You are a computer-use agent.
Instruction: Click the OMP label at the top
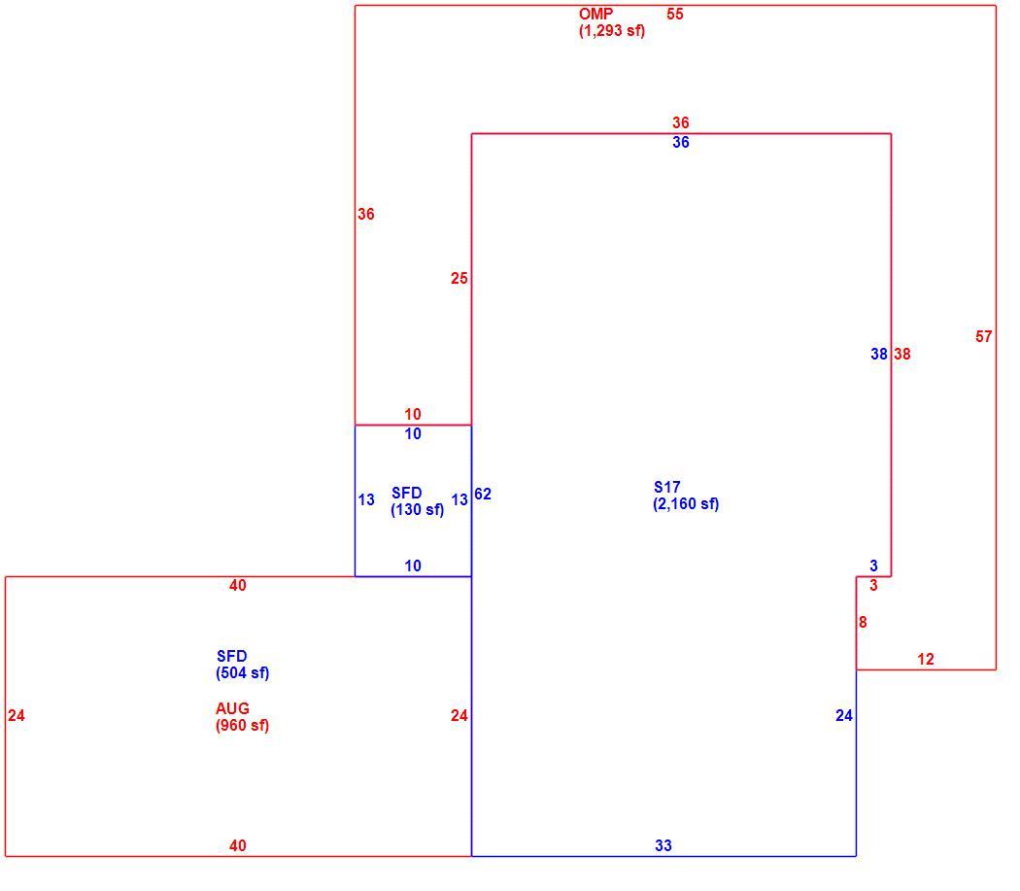pos(595,14)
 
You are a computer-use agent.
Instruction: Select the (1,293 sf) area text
pos(612,30)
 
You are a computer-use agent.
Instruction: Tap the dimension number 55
pos(675,14)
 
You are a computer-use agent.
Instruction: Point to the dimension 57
pos(984,336)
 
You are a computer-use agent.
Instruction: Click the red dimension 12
pos(926,660)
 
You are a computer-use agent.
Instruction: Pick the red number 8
pos(863,622)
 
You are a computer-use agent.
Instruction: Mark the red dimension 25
pos(459,279)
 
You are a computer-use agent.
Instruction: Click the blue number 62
pos(483,494)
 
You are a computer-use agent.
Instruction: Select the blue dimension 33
pos(663,845)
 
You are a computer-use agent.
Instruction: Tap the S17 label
pos(667,487)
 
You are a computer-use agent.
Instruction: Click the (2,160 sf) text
pos(686,503)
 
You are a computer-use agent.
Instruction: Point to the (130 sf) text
pos(418,509)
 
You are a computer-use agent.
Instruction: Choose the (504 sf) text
pos(243,673)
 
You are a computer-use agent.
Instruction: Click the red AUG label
pos(233,708)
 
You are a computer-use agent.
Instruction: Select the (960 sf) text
pos(243,725)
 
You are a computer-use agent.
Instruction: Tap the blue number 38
pos(879,354)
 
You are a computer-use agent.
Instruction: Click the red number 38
pos(902,354)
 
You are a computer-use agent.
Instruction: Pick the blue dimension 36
pos(681,143)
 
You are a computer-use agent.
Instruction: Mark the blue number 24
pos(844,716)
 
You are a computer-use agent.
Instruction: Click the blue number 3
pos(873,565)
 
